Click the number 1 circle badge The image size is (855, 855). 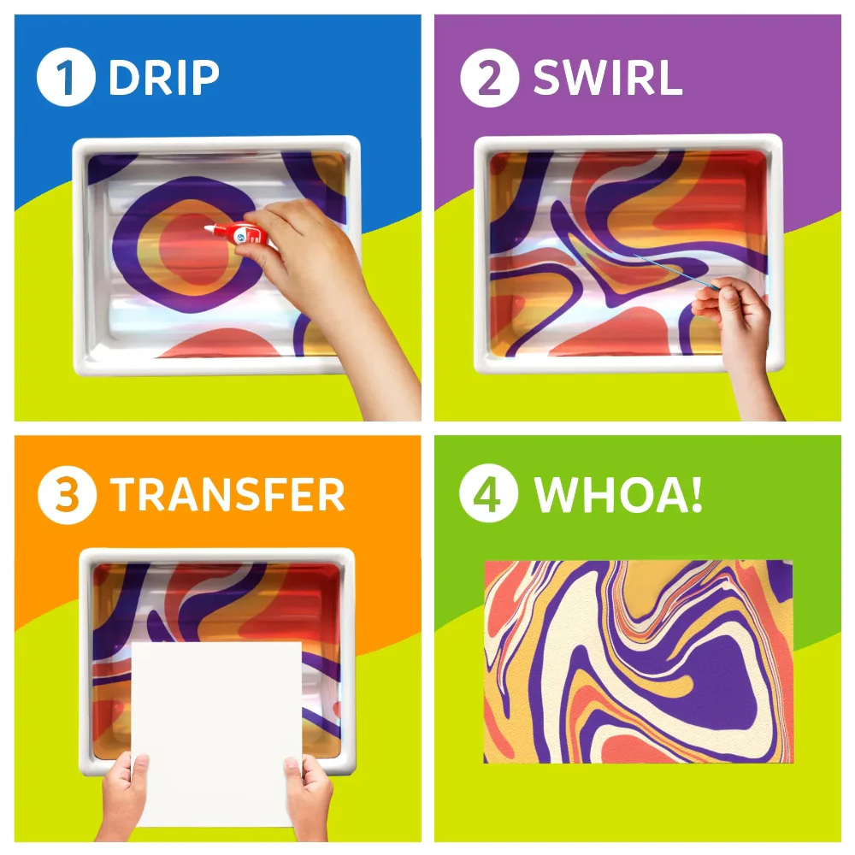pyautogui.click(x=66, y=77)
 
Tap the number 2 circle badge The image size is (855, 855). pyautogui.click(x=489, y=78)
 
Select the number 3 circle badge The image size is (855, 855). pyautogui.click(x=67, y=495)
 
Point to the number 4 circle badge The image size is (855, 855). pyautogui.click(x=488, y=493)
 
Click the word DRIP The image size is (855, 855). pyautogui.click(x=163, y=78)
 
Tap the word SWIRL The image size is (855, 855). pyautogui.click(x=607, y=78)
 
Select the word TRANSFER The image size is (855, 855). pyautogui.click(x=227, y=494)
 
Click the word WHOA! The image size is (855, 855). pyautogui.click(x=618, y=494)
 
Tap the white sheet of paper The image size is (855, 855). pyautogui.click(x=216, y=734)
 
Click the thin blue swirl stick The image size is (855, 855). pyautogui.click(x=675, y=271)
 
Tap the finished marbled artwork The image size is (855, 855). pyautogui.click(x=639, y=662)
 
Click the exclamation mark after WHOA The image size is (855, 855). pyautogui.click(x=695, y=493)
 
